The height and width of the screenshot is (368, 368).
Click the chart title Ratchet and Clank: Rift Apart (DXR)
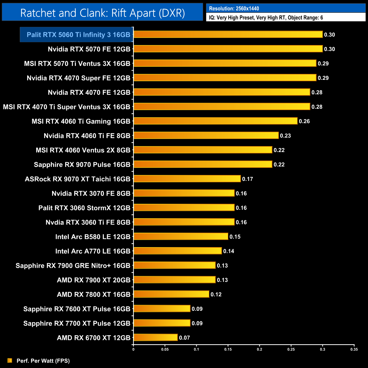(x=102, y=13)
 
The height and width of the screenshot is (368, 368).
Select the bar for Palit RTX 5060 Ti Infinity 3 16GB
(x=228, y=35)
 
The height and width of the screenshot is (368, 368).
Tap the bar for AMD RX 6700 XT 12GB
(x=155, y=337)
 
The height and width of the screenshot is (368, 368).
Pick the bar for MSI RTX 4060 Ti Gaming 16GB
(x=215, y=121)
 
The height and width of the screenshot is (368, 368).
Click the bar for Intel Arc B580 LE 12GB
(x=181, y=236)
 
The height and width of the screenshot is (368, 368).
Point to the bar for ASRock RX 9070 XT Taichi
(x=187, y=179)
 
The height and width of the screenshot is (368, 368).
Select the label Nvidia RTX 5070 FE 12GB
(x=89, y=49)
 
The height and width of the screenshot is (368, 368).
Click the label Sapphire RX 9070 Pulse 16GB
(x=82, y=165)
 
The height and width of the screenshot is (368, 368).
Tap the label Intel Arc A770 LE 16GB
(x=93, y=251)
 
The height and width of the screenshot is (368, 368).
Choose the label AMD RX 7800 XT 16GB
(x=93, y=294)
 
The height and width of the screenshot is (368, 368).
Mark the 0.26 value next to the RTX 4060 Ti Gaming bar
(x=304, y=121)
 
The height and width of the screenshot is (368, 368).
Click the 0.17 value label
(x=247, y=179)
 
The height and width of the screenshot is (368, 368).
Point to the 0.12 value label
(x=216, y=295)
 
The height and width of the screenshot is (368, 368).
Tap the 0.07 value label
(x=184, y=338)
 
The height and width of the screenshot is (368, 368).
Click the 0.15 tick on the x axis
(x=228, y=349)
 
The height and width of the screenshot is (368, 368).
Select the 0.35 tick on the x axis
(x=354, y=349)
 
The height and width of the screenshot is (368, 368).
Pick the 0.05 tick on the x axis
(x=165, y=349)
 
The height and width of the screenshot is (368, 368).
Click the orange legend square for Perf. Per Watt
(x=10, y=360)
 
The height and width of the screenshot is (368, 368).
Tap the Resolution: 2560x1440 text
(x=234, y=8)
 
